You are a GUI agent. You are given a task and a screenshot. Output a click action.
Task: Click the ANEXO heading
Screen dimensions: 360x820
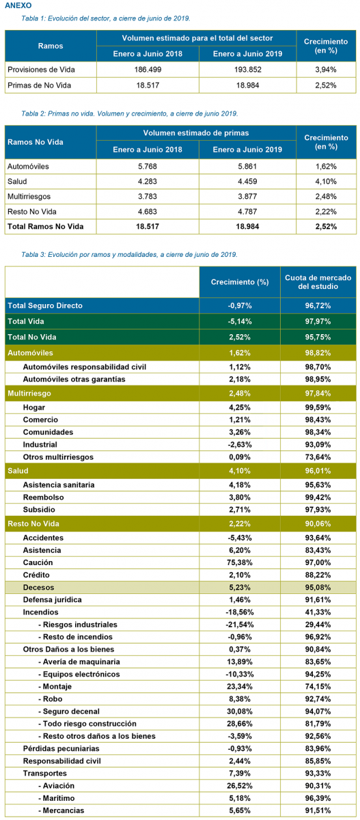click(x=18, y=5)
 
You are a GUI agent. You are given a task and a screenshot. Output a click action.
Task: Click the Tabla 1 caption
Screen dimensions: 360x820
click(x=106, y=18)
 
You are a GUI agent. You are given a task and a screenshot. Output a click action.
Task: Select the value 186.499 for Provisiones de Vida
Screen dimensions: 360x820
click(x=148, y=70)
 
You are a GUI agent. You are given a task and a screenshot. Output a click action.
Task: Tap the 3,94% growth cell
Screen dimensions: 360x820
click(x=326, y=70)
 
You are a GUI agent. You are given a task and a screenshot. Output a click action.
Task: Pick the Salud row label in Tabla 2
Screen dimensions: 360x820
click(x=17, y=182)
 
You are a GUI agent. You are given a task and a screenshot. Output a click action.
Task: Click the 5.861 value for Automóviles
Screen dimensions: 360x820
click(x=248, y=166)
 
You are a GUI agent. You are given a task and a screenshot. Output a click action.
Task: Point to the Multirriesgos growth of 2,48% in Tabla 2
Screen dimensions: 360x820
click(x=326, y=197)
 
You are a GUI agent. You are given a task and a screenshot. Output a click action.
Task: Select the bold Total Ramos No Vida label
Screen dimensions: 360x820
click(x=45, y=227)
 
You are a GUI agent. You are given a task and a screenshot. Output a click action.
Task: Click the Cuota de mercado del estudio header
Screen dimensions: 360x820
click(x=318, y=282)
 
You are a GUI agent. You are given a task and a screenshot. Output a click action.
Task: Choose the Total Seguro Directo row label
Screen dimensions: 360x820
click(x=45, y=305)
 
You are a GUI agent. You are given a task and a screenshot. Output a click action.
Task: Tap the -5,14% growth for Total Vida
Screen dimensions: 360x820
click(x=240, y=321)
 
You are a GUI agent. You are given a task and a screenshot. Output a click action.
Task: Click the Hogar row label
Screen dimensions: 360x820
click(x=34, y=407)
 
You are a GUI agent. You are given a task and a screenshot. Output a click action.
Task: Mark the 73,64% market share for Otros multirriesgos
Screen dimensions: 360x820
click(x=318, y=457)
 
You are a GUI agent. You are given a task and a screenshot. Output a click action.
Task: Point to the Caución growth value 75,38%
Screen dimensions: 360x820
click(x=240, y=562)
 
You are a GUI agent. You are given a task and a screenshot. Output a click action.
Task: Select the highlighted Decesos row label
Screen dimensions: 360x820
click(x=38, y=587)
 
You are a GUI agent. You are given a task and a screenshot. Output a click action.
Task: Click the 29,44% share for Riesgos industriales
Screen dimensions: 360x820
click(x=318, y=625)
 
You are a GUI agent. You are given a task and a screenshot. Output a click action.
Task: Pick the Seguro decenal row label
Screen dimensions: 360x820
click(x=69, y=711)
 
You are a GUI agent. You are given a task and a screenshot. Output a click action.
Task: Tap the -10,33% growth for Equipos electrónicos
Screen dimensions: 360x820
click(x=240, y=674)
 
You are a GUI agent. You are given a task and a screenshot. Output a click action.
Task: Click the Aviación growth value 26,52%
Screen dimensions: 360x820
click(x=240, y=786)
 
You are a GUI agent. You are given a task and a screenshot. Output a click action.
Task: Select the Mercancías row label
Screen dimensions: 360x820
click(x=61, y=810)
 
